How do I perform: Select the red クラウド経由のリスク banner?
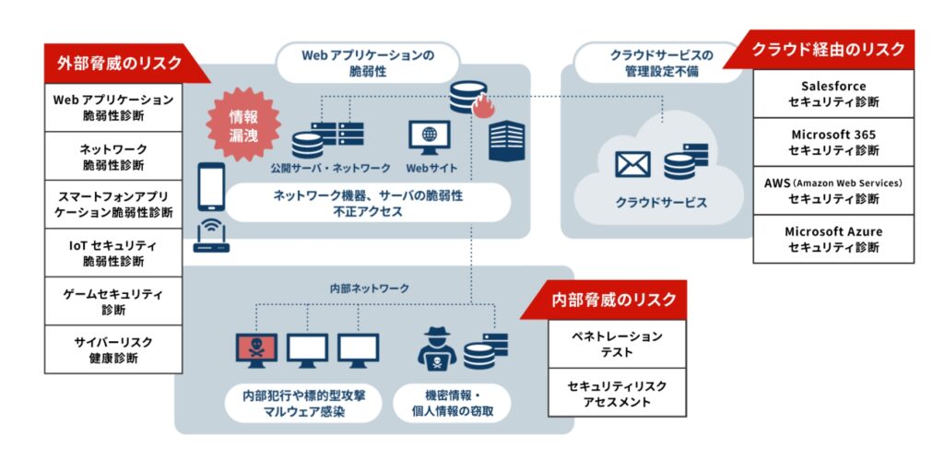point(828,50)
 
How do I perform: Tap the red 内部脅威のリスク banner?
point(614,299)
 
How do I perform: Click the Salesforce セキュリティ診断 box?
point(833,93)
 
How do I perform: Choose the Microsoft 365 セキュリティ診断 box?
point(833,142)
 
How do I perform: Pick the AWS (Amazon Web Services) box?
point(833,191)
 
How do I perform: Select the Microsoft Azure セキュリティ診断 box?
point(833,239)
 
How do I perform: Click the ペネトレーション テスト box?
point(617,344)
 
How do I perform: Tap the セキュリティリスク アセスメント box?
point(617,394)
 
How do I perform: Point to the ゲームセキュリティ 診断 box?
point(113,301)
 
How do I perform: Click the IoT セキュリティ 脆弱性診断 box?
point(113,254)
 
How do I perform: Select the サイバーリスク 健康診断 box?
point(113,349)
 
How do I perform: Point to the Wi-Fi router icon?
point(211,239)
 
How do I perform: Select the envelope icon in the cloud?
point(632,164)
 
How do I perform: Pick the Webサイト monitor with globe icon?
point(429,136)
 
